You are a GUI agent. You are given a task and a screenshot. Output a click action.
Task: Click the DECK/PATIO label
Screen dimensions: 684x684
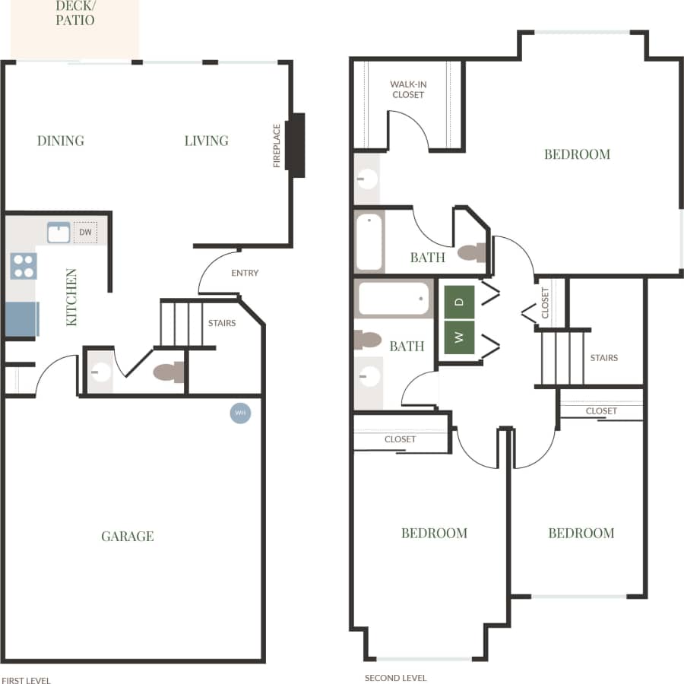click(x=75, y=13)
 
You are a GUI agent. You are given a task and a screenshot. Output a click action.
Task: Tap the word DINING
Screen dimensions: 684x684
click(x=61, y=141)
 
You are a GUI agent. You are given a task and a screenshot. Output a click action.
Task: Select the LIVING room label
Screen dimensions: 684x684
click(x=206, y=141)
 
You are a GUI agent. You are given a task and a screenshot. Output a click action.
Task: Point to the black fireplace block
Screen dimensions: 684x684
click(x=298, y=145)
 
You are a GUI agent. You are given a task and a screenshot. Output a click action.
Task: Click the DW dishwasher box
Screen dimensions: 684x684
click(x=85, y=233)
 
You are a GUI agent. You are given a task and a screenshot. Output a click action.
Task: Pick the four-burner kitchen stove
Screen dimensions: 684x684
click(x=23, y=265)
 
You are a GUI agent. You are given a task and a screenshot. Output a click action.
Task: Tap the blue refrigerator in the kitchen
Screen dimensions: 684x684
click(x=21, y=319)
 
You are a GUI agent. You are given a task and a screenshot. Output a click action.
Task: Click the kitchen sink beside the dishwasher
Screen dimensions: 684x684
click(x=59, y=233)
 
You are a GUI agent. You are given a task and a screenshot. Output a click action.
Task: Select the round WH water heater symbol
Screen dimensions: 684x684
click(x=240, y=413)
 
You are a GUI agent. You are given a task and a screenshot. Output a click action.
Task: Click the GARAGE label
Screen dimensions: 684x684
click(x=128, y=537)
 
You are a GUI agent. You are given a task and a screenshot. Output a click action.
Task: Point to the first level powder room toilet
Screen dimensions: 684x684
click(x=168, y=372)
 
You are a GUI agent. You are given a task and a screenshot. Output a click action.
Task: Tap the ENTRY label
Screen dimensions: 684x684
click(x=245, y=273)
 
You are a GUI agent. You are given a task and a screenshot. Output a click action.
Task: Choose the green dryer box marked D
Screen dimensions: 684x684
click(x=459, y=302)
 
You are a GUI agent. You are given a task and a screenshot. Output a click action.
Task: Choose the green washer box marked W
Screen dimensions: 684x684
click(x=459, y=337)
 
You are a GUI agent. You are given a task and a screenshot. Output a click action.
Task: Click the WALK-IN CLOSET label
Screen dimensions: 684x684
click(x=407, y=90)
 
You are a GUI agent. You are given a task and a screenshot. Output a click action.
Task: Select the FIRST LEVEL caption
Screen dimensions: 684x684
click(x=26, y=680)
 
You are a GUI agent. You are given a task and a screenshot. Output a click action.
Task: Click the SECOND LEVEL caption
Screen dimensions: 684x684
click(x=395, y=678)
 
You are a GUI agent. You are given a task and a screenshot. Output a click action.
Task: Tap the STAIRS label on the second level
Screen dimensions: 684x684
click(x=604, y=358)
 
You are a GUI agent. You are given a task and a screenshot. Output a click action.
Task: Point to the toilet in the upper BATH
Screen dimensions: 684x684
click(x=471, y=253)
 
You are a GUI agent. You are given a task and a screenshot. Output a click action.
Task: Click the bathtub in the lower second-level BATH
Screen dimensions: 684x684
click(x=394, y=299)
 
